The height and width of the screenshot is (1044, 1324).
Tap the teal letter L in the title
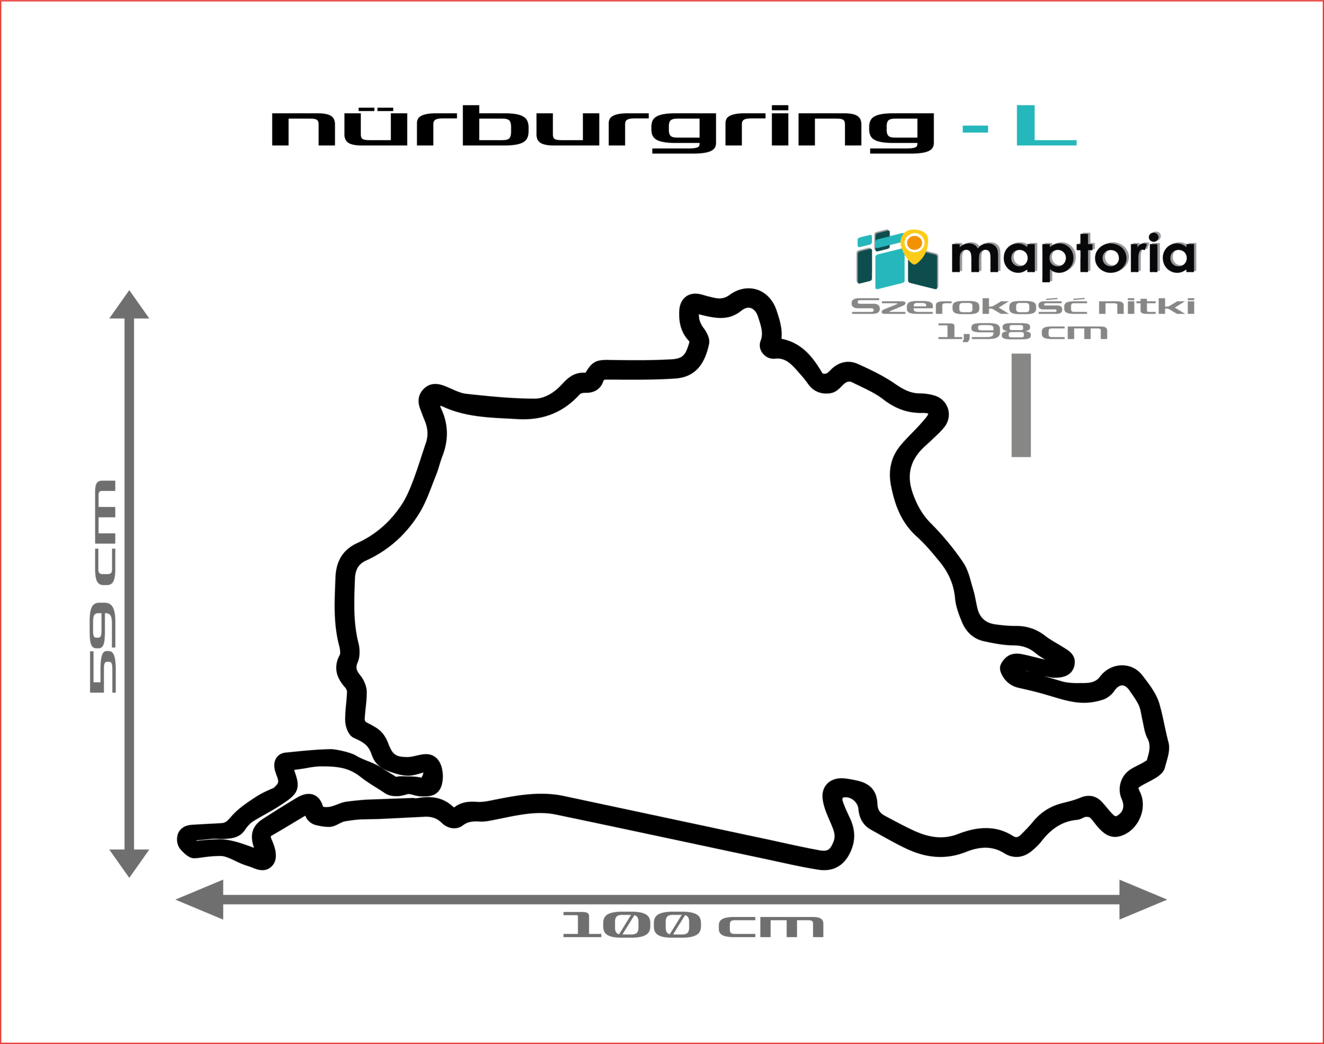[x=1046, y=125]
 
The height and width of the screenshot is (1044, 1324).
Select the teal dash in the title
[x=975, y=129]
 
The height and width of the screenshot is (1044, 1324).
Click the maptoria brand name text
[x=1073, y=256]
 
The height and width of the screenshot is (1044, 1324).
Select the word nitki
[x=1146, y=306]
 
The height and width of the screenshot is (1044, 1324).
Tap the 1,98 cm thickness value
[x=1022, y=332]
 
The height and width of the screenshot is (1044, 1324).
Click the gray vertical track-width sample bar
[x=1021, y=405]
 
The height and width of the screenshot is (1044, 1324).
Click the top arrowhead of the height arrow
[x=129, y=304]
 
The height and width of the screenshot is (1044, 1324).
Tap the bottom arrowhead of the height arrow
[x=129, y=863]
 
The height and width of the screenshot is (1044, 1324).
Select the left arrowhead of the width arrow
[x=199, y=900]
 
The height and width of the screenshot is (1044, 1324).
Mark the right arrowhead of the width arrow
[x=1143, y=900]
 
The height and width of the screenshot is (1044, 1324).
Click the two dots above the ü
[x=375, y=109]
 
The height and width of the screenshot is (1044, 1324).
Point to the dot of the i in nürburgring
[x=780, y=108]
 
